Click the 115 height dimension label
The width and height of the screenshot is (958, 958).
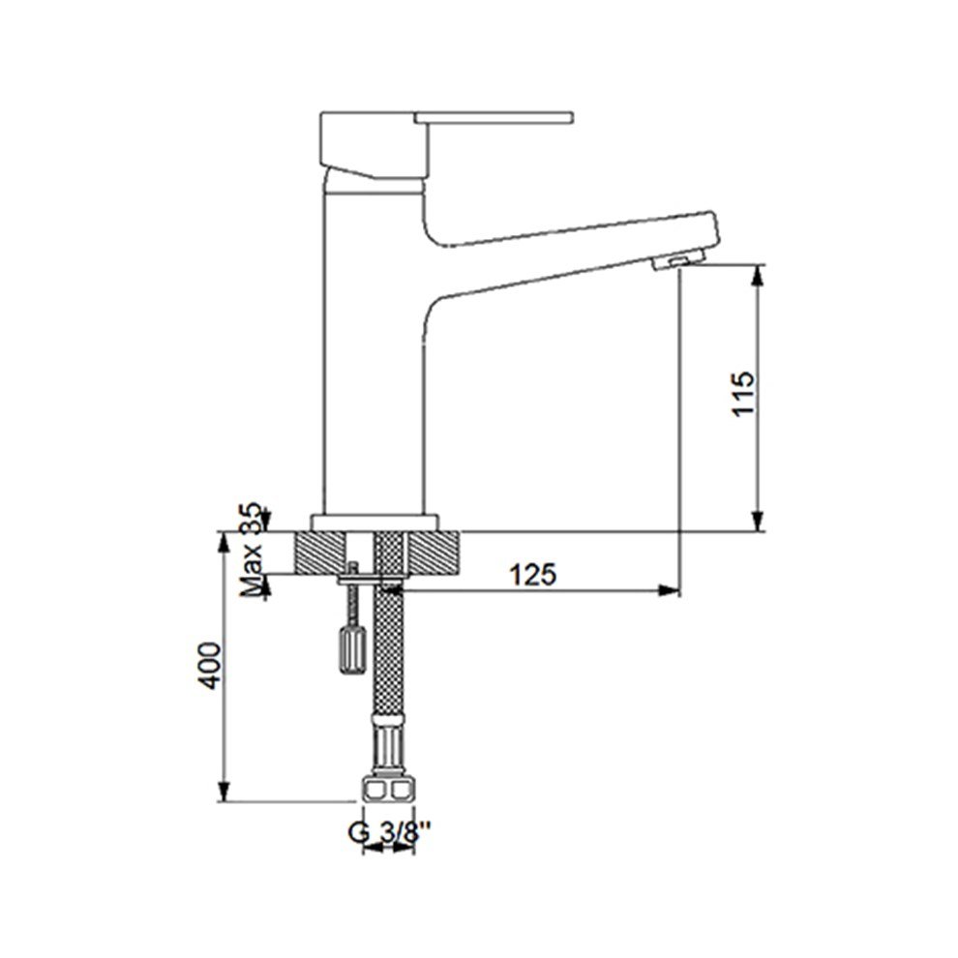[x=743, y=394]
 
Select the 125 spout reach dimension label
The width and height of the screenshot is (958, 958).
[x=533, y=574]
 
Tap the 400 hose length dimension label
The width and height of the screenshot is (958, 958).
[x=212, y=666]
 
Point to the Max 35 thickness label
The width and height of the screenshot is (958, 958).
[x=251, y=550]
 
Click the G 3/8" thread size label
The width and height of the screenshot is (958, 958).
[x=390, y=831]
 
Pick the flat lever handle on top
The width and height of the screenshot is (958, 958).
[x=494, y=117]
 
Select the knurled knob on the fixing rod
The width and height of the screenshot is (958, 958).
[x=352, y=649]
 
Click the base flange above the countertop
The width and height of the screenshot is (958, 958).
[x=374, y=522]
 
